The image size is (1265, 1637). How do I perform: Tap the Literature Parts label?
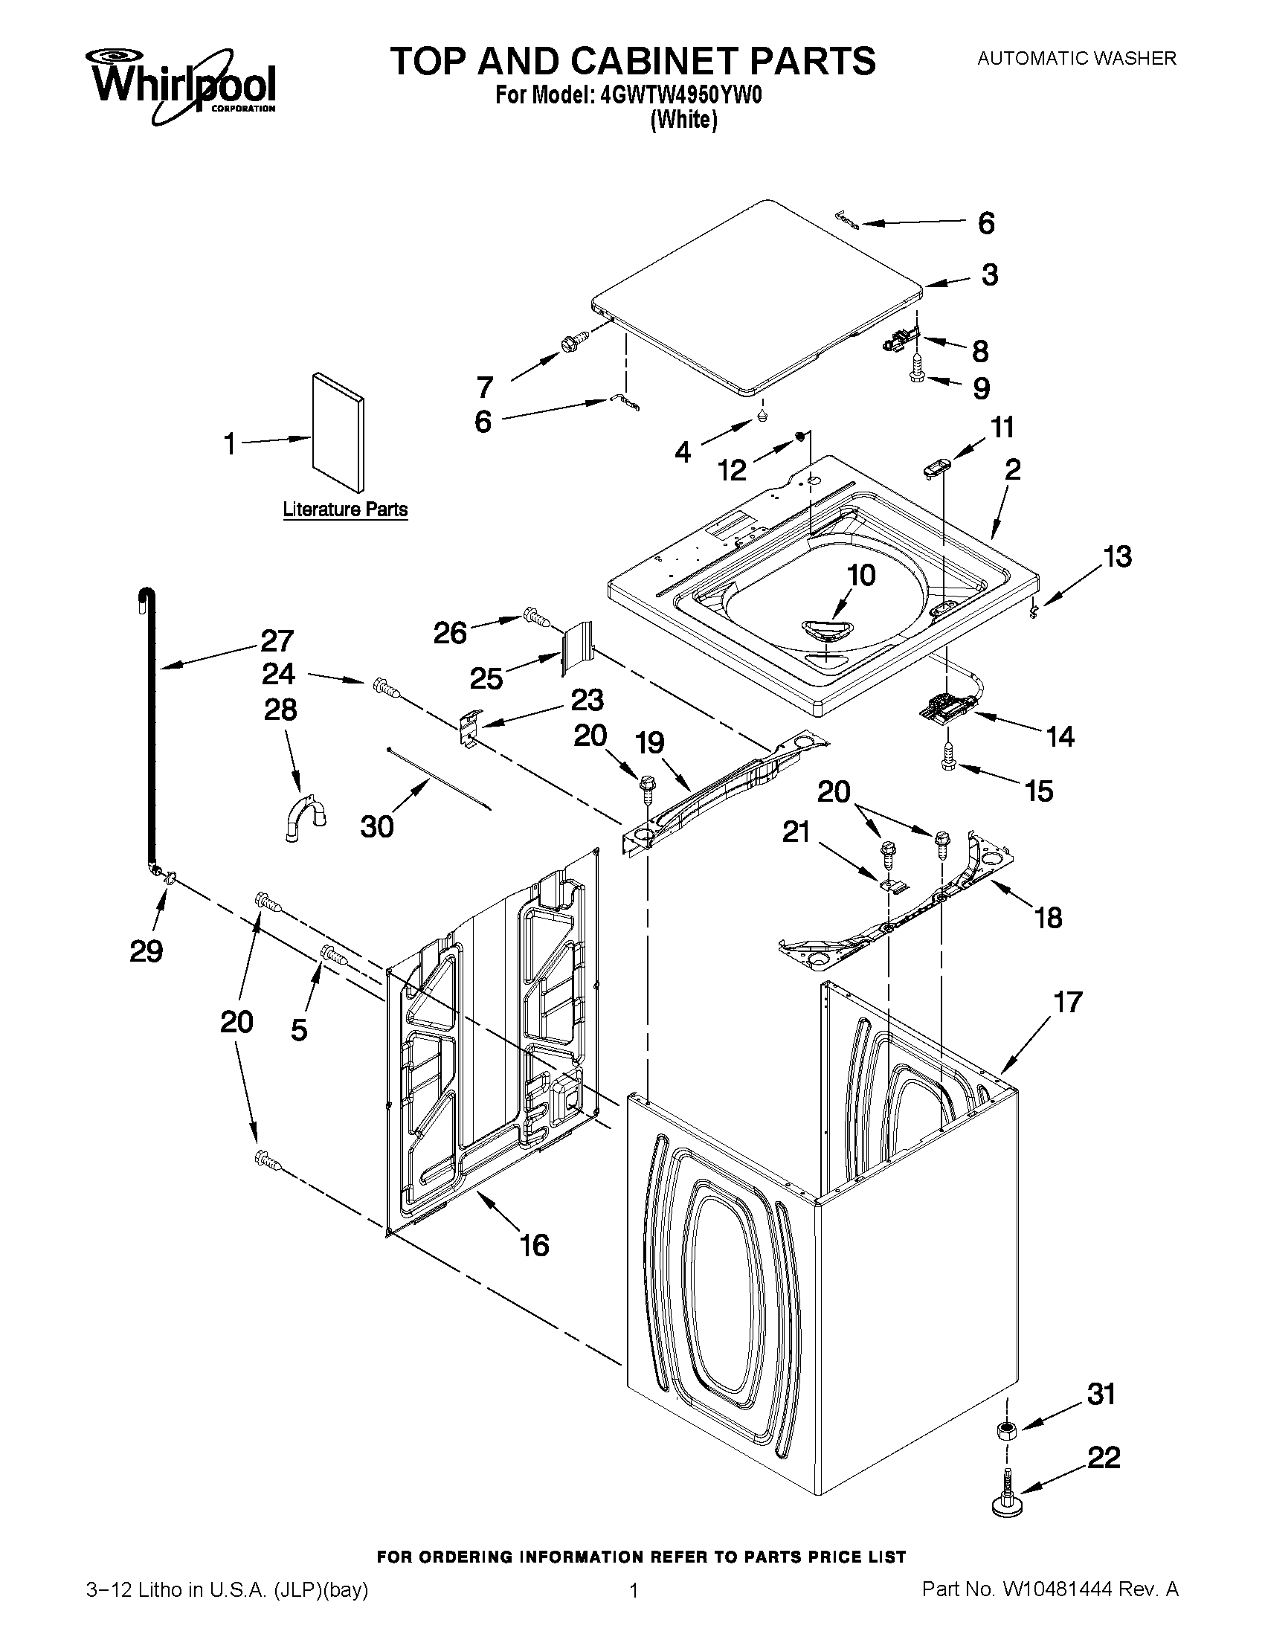pos(345,509)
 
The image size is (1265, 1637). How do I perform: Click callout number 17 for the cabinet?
pos(1068,1002)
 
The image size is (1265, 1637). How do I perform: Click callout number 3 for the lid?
pos(989,274)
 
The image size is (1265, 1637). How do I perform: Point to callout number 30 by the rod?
pos(376,826)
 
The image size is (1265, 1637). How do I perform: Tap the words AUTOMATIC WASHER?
pos(1076,58)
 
